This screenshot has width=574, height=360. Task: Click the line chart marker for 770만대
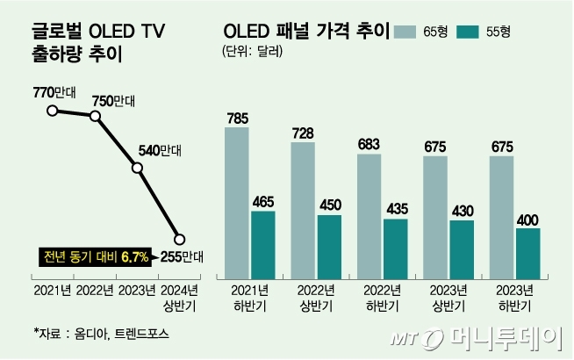click(53, 111)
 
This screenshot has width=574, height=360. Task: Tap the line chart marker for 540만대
click(137, 168)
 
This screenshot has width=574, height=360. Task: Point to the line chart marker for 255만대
click(179, 239)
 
